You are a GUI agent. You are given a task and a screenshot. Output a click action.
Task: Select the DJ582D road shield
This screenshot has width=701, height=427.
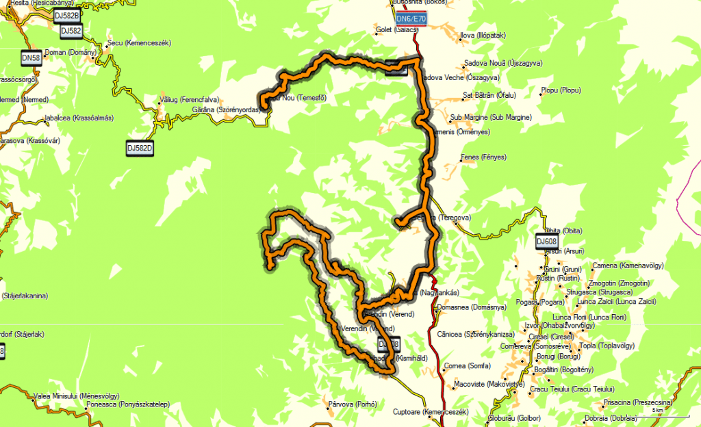[x=140, y=146]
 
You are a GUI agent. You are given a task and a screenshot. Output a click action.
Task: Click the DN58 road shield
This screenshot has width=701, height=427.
[x=31, y=59]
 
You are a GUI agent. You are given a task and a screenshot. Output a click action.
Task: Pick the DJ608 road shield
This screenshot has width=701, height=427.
[x=547, y=241]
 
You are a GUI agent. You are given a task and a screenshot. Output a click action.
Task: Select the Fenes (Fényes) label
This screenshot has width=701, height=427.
[x=484, y=157]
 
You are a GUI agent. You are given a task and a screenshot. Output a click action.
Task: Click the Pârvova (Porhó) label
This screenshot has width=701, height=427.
[x=353, y=403]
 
